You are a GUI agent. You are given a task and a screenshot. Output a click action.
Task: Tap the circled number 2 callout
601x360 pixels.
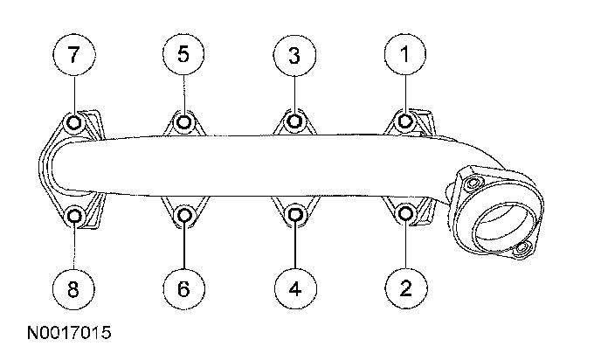404,286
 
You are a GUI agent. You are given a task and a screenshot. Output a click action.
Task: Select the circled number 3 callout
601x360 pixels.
294,56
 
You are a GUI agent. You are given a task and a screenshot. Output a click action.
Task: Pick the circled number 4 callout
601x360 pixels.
294,286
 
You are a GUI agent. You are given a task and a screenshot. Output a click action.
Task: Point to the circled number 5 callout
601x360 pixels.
183,54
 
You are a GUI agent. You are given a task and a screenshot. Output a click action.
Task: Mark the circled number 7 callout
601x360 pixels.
73,54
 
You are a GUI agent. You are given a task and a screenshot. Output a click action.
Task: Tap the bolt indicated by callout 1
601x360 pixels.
404,121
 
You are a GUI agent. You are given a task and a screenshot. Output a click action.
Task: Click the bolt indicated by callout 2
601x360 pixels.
404,213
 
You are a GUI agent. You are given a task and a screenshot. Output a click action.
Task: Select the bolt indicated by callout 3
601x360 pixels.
294,121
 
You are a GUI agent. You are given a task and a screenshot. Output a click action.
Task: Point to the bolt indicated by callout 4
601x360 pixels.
294,214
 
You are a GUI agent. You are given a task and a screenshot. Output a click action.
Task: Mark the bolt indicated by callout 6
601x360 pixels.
184,214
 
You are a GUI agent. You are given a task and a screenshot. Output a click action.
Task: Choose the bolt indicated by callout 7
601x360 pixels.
74,121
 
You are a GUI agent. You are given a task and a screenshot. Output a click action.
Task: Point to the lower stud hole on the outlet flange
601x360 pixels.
522,251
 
